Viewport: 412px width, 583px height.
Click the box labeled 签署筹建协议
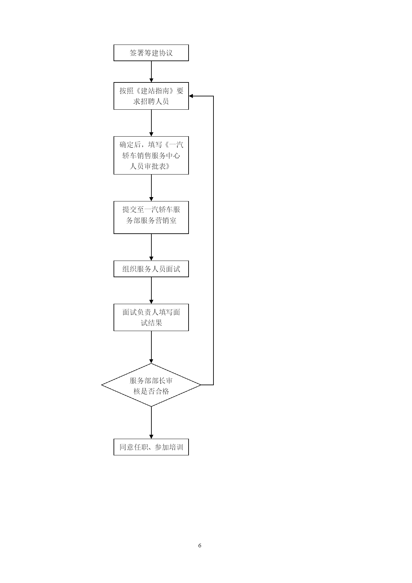click(151, 53)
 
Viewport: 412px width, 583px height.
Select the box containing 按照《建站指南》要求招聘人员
click(151, 96)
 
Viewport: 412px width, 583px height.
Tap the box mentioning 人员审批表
click(151, 155)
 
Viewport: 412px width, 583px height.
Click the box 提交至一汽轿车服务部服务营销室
click(151, 217)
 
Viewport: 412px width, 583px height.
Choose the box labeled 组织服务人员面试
click(151, 269)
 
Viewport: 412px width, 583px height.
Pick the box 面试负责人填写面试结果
click(151, 317)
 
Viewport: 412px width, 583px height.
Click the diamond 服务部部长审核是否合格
click(151, 385)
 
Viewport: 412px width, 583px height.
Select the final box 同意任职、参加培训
click(151, 447)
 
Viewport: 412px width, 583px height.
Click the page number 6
click(200, 545)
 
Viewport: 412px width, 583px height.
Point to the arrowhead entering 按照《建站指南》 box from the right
click(191, 96)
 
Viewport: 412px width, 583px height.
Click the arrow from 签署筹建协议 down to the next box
click(151, 71)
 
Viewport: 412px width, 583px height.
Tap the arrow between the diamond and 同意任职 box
click(151, 423)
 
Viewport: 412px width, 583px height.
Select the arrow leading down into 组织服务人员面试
click(151, 247)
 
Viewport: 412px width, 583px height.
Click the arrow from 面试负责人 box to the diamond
click(151, 347)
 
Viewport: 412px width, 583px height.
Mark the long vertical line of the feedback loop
click(213, 240)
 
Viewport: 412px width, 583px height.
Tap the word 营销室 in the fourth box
click(166, 220)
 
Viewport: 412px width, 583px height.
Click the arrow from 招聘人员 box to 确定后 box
click(151, 123)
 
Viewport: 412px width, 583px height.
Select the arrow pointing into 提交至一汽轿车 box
click(151, 188)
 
